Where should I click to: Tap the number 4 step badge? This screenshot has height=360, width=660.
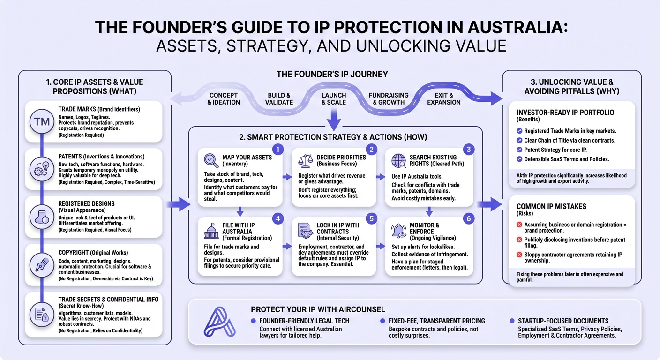pos(277,218)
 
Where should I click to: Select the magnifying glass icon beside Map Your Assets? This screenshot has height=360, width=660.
pos(211,161)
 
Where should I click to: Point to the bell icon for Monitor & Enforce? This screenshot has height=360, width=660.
pos(398,230)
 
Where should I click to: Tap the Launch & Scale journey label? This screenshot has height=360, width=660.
pos(333,99)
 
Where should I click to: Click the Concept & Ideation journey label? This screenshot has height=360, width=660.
pos(225,99)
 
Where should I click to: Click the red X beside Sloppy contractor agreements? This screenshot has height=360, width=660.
pos(519,255)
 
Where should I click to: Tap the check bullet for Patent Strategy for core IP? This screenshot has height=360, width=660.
pos(519,150)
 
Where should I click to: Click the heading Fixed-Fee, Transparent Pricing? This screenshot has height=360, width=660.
pos(436,321)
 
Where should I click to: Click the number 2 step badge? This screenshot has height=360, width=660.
pos(371,150)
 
